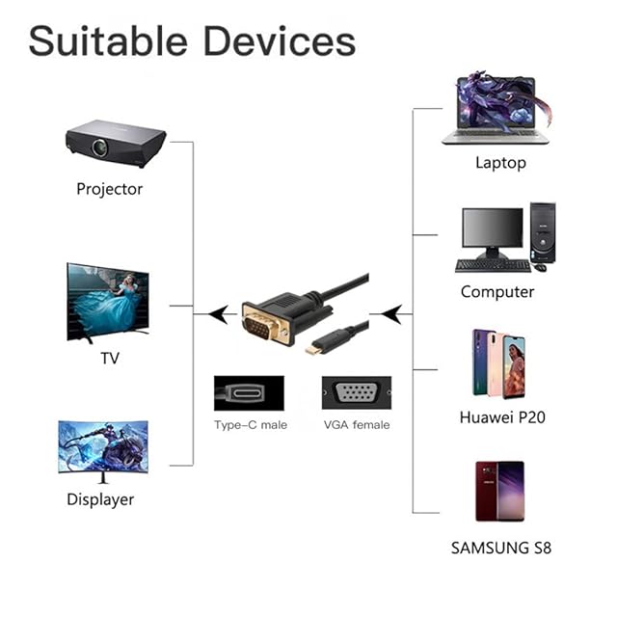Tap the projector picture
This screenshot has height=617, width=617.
tap(115, 143)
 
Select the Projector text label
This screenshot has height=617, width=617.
tap(109, 189)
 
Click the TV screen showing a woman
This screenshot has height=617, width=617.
tap(107, 302)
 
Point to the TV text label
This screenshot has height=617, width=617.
tap(110, 359)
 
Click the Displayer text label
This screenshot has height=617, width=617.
tap(100, 499)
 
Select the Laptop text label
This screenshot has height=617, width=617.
tap(500, 163)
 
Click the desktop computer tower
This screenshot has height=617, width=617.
tap(542, 232)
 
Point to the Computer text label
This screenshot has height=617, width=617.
tap(496, 291)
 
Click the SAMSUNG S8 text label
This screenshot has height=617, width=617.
tap(500, 549)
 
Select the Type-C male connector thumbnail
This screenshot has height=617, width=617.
tap(249, 393)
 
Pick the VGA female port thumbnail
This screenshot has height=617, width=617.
tap(356, 393)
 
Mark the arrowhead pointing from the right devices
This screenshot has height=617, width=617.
tap(390, 313)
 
